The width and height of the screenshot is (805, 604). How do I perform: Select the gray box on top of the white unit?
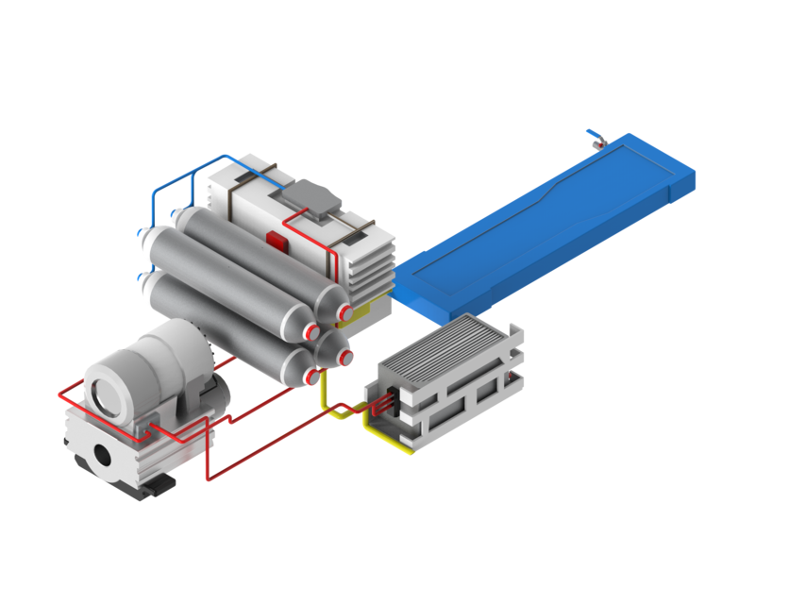click(308, 197)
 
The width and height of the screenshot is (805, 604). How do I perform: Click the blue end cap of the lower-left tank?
click(143, 279)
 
